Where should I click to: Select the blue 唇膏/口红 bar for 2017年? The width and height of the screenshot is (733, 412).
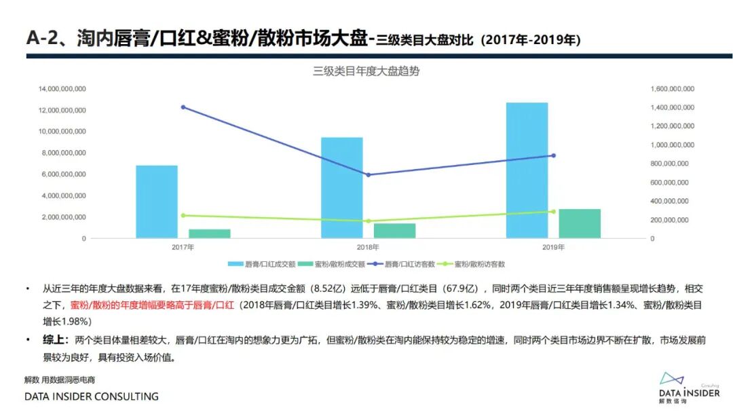click(157, 202)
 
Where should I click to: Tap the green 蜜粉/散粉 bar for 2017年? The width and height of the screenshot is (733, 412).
click(210, 233)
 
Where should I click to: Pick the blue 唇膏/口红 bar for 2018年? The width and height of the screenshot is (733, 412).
click(342, 188)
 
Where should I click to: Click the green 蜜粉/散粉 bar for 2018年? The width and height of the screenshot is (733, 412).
click(394, 231)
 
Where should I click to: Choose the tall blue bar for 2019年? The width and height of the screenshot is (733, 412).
click(527, 170)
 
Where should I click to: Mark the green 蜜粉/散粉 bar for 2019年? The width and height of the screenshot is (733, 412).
click(580, 223)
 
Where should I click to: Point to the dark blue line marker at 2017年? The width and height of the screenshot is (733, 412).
click(183, 107)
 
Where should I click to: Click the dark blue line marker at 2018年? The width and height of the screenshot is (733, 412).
click(369, 174)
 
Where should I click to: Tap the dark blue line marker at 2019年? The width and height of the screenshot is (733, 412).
click(553, 155)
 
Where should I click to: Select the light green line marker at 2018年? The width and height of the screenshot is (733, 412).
click(369, 221)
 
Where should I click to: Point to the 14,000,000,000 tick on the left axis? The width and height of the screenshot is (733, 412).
click(62, 89)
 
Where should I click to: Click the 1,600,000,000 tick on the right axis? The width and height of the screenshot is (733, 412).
click(673, 89)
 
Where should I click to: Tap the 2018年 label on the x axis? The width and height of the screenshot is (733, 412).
click(369, 248)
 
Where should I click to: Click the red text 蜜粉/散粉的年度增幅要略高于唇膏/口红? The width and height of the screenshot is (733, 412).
click(153, 305)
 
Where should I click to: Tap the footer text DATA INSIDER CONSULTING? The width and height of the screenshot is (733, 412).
click(92, 396)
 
